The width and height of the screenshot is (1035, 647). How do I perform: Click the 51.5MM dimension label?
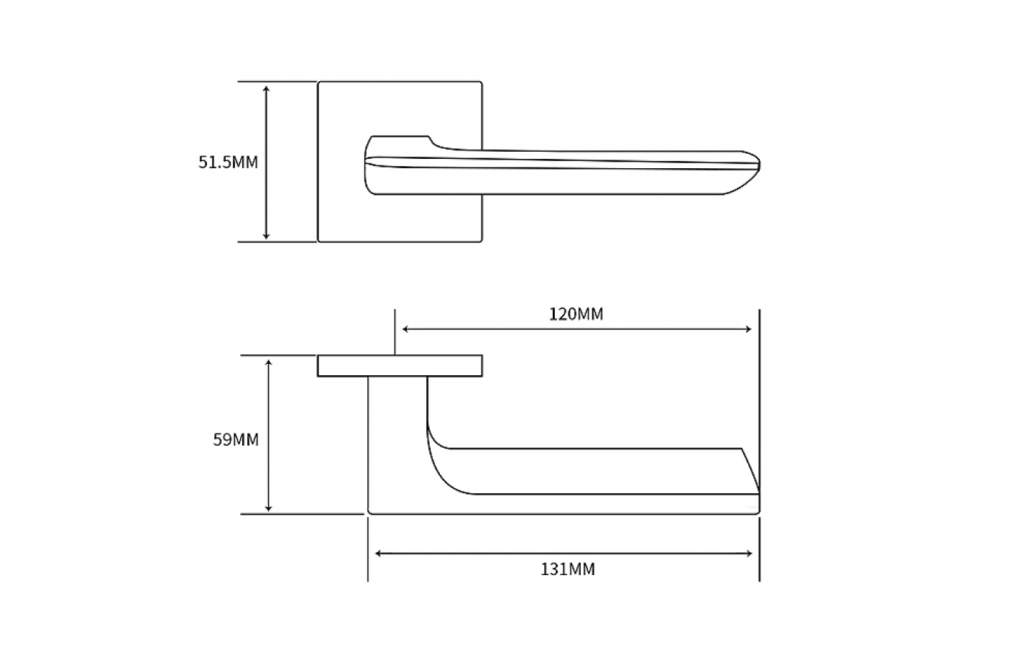coord(228,162)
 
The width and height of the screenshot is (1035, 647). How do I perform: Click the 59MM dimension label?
coord(236,439)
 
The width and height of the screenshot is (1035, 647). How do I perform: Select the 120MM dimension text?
coord(576,314)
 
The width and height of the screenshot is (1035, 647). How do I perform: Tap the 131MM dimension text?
coord(568,569)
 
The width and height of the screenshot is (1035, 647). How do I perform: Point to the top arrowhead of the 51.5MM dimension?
coord(266,88)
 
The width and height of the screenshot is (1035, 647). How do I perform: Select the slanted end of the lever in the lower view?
coord(750,471)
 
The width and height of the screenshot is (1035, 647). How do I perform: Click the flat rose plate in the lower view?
coord(400,366)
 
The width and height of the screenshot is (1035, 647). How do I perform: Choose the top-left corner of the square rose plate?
coord(319,83)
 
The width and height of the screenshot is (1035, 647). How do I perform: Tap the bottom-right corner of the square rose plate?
coord(481,241)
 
